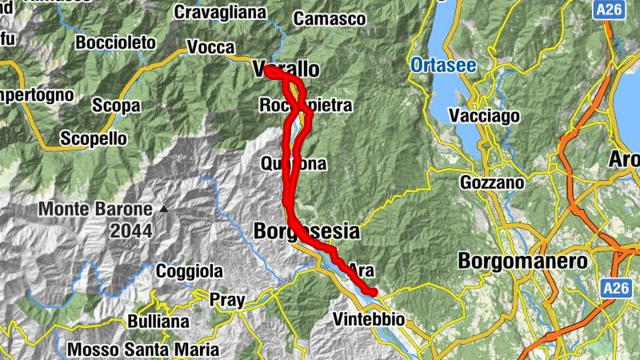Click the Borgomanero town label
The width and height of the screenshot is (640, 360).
tap(522, 262)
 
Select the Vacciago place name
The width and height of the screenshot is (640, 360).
tap(485, 116)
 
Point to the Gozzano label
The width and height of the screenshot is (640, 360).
tap(491, 182)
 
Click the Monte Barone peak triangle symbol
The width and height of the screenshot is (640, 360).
tap(164, 209)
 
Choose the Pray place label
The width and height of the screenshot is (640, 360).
tap(226, 301)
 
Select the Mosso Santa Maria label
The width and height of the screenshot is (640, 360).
tap(142, 350)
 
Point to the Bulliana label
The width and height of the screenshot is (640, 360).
tap(158, 322)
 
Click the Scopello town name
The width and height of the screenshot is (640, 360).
tap(94, 138)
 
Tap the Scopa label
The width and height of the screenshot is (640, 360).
tap(116, 106)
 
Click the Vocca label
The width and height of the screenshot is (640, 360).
tap(210, 47)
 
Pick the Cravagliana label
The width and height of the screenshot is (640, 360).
tap(220, 12)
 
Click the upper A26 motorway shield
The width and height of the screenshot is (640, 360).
tap(608, 10)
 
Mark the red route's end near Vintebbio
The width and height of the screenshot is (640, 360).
tap(372, 292)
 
